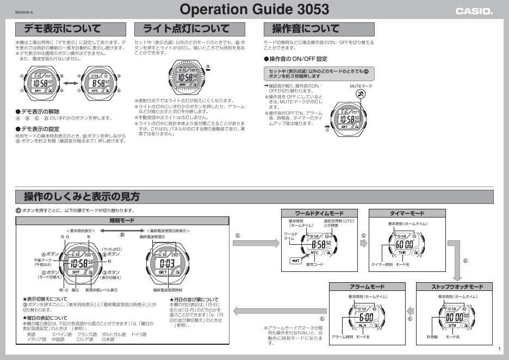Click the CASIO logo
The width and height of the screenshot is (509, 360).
click(474, 11)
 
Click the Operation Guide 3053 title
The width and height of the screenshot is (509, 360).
click(254, 9)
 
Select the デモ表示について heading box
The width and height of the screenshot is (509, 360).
click(71, 29)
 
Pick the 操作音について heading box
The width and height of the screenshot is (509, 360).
click(319, 29)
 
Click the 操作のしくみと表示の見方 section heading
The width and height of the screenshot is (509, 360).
click(82, 196)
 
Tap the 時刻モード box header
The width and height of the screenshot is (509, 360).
click(122, 221)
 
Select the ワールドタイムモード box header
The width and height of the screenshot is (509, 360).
click(319, 213)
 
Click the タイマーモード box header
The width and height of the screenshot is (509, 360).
click(407, 213)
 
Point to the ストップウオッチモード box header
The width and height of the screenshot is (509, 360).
click(454, 287)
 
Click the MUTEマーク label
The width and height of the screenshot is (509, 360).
click(361, 85)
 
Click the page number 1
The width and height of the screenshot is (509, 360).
click(499, 349)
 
